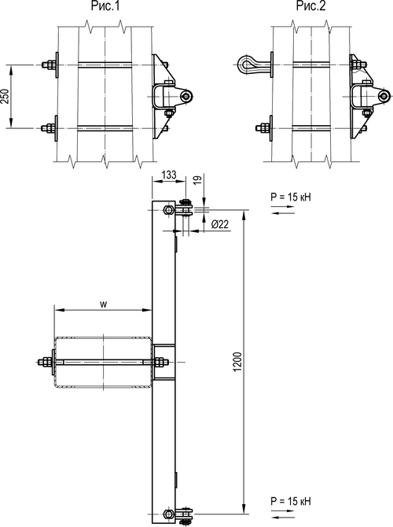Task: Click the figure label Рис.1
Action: coord(105,6)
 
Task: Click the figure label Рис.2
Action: coord(310,6)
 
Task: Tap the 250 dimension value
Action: coord(5,96)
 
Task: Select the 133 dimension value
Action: coord(169,175)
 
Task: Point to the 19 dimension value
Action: coord(198,179)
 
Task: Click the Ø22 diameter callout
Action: coord(220,224)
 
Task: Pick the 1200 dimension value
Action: coord(237,362)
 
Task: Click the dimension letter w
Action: coord(104,304)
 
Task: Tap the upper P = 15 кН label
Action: coord(291,197)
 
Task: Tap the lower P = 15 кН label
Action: coord(291,501)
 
